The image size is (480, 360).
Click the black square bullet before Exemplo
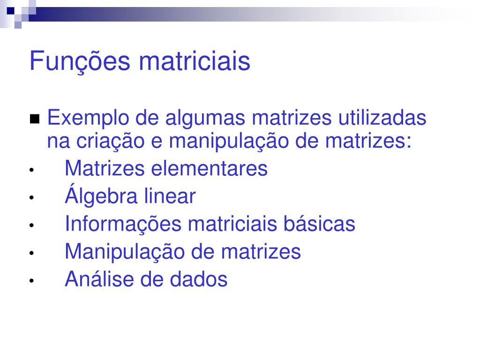pos(35,119)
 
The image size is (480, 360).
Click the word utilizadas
pos(382,118)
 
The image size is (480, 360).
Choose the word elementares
pos(210,168)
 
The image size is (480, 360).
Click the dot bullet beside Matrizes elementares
pos(31,170)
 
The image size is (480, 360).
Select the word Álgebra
pos(101,195)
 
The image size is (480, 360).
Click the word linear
pos(170,196)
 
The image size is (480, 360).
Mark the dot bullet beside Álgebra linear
pos(31,198)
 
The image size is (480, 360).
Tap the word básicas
pos(319,224)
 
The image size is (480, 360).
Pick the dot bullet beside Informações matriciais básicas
pos(31,225)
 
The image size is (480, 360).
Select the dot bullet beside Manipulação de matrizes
pos(31,253)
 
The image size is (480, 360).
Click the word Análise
pos(99,279)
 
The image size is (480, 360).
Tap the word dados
pos(199,279)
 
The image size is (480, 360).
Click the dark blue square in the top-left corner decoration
pos(11,11)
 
